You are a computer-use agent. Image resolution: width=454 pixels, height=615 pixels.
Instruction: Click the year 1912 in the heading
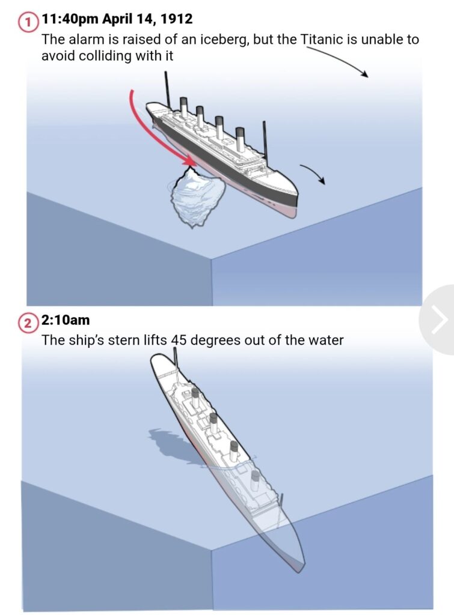(x=177, y=19)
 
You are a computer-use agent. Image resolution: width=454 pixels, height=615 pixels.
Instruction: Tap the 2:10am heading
(x=65, y=320)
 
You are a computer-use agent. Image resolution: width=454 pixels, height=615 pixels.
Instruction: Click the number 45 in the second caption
(x=179, y=340)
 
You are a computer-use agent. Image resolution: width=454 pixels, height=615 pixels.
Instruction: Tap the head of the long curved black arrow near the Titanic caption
(x=365, y=74)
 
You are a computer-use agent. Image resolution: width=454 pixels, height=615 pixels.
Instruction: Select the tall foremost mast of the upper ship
(x=168, y=89)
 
